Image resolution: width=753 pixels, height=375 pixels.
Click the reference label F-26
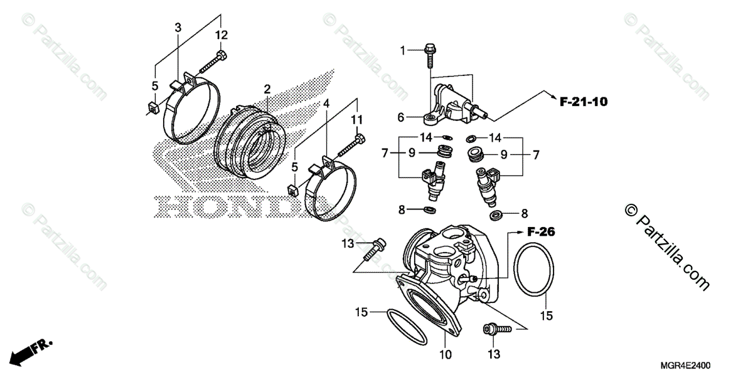click(541, 232)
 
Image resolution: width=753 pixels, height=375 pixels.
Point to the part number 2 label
click(267, 88)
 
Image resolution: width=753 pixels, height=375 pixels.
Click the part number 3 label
click(178, 28)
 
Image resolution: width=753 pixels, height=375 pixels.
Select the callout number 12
click(222, 34)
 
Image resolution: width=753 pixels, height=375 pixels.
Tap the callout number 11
click(357, 119)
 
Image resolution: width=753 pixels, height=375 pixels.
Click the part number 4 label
click(326, 103)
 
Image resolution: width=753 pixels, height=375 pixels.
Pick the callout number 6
click(400, 117)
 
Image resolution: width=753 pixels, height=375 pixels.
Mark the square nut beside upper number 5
click(152, 107)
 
